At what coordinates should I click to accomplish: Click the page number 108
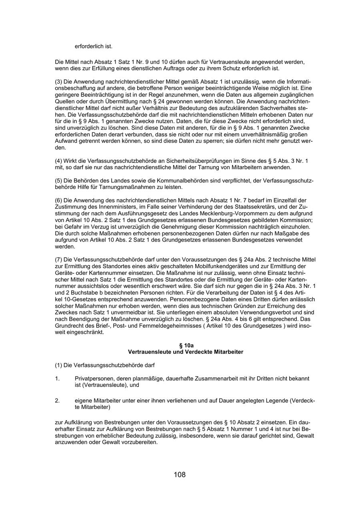[180, 475]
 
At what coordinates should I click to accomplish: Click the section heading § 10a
[186, 345]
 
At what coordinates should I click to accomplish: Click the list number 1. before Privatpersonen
[57, 378]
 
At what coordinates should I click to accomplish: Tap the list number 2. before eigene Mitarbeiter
[57, 401]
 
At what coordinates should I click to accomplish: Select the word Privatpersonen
[93, 378]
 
